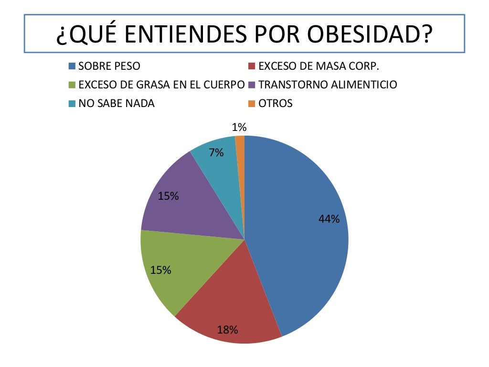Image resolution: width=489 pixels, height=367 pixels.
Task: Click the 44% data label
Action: (329, 219)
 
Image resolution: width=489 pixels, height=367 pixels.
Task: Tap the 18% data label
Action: (227, 329)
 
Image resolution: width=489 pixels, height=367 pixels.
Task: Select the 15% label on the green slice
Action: (160, 270)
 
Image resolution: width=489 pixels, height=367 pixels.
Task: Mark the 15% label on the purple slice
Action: (168, 195)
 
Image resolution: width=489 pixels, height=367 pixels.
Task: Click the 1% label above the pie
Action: (239, 127)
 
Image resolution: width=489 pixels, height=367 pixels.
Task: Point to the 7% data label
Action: (216, 153)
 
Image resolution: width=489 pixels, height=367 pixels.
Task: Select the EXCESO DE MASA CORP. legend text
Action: (319, 66)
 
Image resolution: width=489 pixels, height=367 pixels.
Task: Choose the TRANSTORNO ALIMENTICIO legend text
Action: (328, 85)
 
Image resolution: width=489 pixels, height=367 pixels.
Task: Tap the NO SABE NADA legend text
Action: (117, 103)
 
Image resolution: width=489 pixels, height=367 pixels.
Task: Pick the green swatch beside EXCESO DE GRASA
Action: (72, 85)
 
